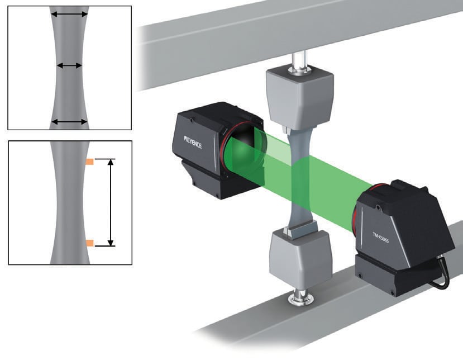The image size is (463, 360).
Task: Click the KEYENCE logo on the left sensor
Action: point(193,143)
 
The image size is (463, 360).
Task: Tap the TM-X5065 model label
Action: point(380,238)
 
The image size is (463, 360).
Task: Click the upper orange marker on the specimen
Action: point(90,162)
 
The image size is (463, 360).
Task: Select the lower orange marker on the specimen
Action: point(90,243)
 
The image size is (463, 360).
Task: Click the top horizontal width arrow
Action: point(69,14)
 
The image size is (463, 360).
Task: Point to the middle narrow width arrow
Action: point(69,65)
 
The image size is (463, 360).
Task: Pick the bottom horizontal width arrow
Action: point(69,121)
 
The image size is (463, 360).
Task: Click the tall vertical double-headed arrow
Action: point(111,202)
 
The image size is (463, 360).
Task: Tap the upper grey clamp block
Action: point(300,97)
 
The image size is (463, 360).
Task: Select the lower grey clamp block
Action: point(300,259)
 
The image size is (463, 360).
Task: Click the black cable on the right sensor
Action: point(440,273)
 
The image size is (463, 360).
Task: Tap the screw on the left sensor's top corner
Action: point(192,120)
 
